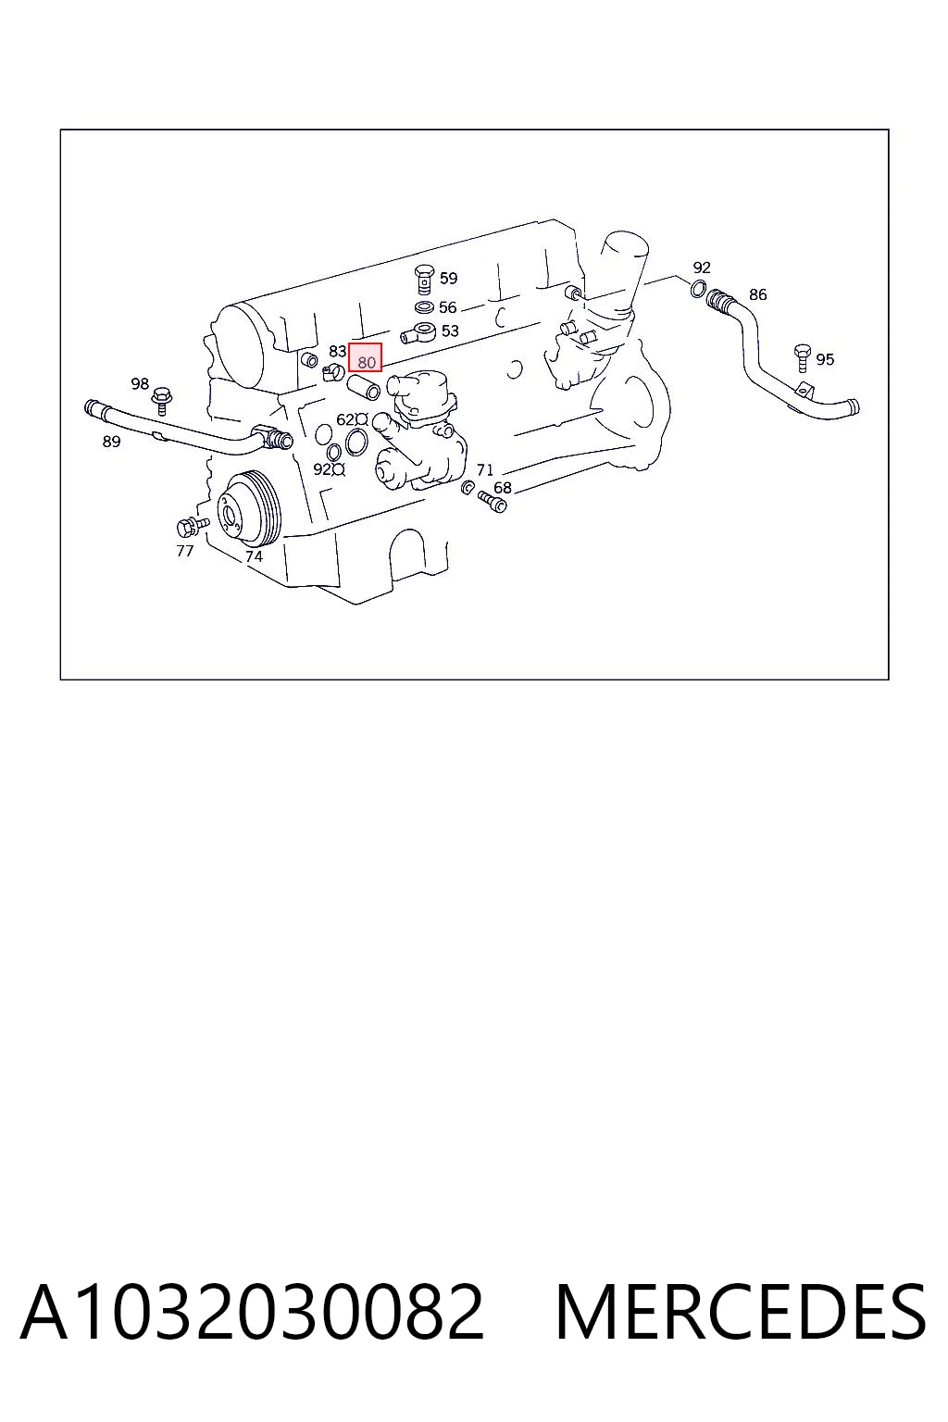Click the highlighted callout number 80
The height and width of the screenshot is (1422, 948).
click(x=367, y=363)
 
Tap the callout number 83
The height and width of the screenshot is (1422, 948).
click(x=337, y=351)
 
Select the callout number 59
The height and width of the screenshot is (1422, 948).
click(x=448, y=278)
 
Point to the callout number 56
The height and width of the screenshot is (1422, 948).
click(x=448, y=307)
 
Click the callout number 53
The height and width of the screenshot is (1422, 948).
click(x=450, y=331)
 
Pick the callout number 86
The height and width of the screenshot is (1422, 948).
click(x=757, y=294)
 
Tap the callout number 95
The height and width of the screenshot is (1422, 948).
click(x=825, y=360)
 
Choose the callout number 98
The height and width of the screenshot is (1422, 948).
click(x=140, y=384)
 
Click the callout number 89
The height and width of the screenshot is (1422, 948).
click(x=112, y=442)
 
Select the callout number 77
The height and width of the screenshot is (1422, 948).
click(x=185, y=551)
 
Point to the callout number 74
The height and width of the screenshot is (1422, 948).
click(x=254, y=556)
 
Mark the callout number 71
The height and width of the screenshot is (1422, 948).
click(x=485, y=469)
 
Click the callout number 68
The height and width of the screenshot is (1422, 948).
click(x=503, y=488)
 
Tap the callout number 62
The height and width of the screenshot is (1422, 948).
click(x=345, y=419)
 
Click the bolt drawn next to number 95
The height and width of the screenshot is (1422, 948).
click(x=803, y=358)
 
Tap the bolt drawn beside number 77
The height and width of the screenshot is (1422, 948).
click(x=192, y=526)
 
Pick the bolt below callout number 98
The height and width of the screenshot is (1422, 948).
click(x=162, y=400)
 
